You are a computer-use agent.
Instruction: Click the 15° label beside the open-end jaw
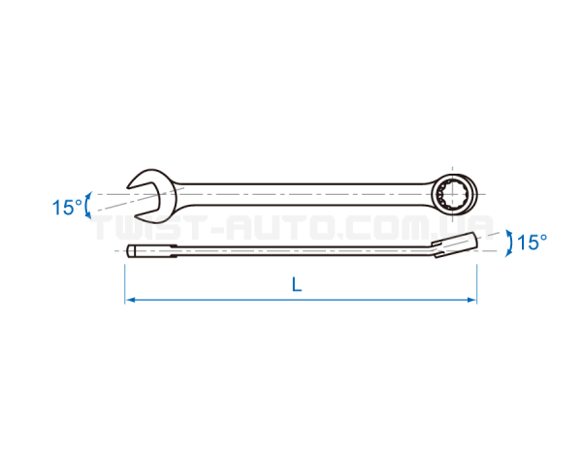(67, 208)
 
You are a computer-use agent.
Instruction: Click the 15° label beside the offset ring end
(532, 243)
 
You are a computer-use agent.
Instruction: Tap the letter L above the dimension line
(297, 285)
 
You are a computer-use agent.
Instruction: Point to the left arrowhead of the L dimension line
(129, 300)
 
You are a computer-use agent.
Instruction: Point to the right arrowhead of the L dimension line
(472, 300)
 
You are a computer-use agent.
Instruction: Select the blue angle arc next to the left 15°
(87, 206)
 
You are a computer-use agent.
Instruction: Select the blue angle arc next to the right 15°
(510, 244)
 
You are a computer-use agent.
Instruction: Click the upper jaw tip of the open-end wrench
(128, 187)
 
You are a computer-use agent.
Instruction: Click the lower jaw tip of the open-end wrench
(136, 215)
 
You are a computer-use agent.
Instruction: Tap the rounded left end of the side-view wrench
(130, 250)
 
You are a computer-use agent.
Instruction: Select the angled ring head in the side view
(455, 244)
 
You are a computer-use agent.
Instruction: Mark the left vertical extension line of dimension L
(125, 284)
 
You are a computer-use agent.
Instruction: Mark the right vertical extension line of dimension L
(476, 284)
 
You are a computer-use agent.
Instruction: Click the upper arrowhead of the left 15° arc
(88, 195)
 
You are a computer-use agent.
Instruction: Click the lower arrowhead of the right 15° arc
(508, 254)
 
